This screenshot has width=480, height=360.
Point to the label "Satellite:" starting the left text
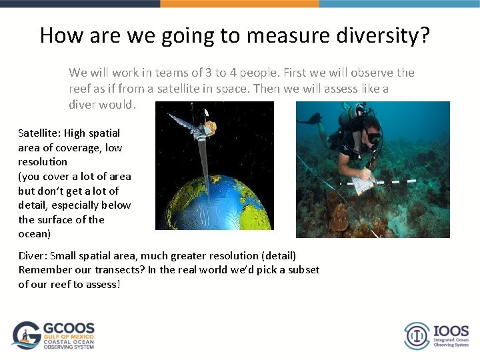(x=39, y=133)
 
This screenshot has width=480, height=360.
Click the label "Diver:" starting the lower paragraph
(x=32, y=255)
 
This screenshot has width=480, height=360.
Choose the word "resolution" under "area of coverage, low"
(x=43, y=161)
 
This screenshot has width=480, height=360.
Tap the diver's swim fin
(x=310, y=119)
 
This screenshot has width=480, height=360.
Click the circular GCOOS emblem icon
(x=27, y=335)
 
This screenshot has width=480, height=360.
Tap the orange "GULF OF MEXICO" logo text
(x=69, y=337)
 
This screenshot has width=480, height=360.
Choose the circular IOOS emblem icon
(x=417, y=335)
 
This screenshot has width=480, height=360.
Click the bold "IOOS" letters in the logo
(x=451, y=331)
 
